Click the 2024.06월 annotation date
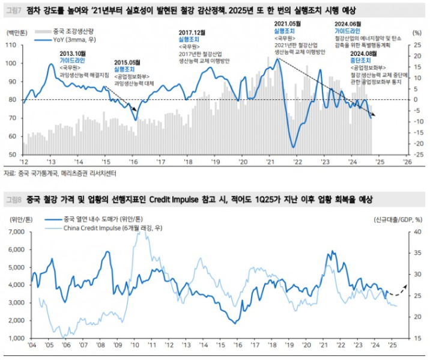point(350,25)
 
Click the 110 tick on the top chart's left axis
point(11,45)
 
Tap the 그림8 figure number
point(11,198)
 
